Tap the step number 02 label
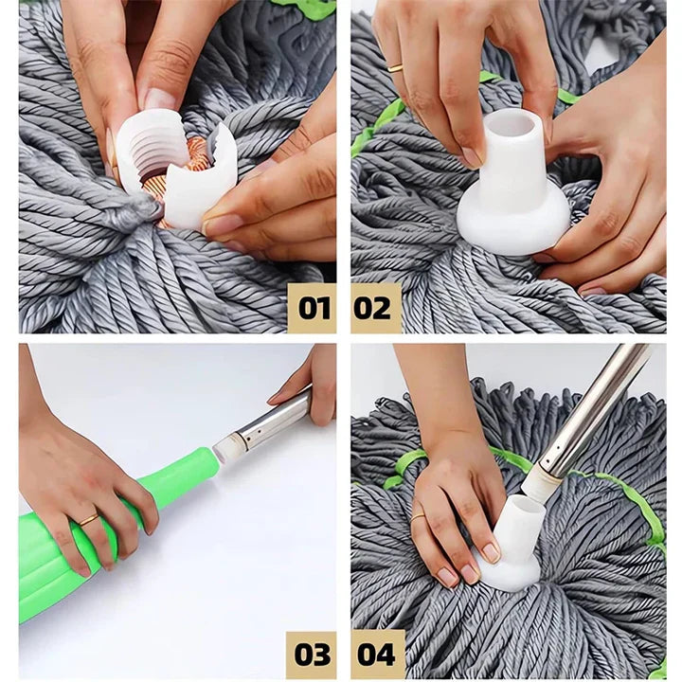coord(375,308)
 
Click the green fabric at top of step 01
coord(308,9)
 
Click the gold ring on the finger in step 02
coord(395,68)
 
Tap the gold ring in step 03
coord(88,519)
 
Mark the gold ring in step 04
coord(418,517)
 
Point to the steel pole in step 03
coord(270,421)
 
